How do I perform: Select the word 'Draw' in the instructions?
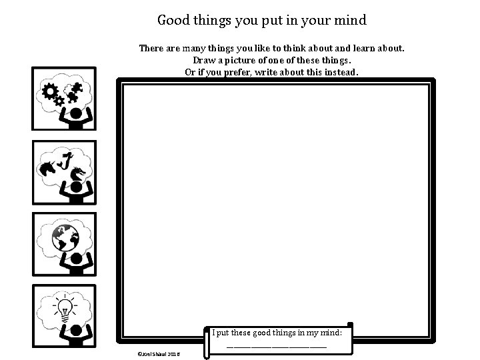[187, 60]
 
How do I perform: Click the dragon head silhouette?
[79, 173]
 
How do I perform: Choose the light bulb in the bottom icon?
[64, 308]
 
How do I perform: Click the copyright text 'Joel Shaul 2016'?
[154, 354]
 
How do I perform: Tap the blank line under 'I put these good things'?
[277, 346]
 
